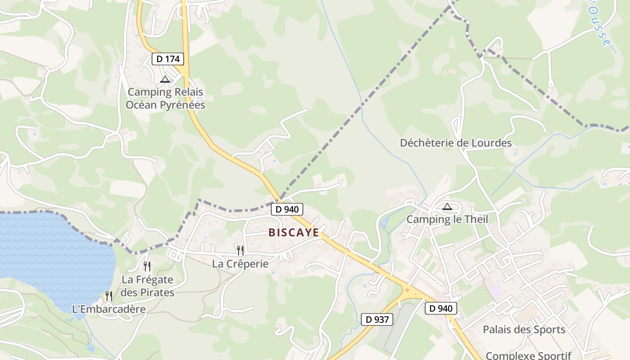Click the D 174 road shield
168,59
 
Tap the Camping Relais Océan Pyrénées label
165,99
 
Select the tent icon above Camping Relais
165,80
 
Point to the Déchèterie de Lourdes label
456,143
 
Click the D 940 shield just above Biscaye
287,209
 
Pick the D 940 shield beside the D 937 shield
441,308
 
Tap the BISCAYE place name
294,233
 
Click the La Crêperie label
240,264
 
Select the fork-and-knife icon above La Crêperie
240,250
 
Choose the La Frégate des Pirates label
148,286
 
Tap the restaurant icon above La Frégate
147,266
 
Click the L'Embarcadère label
109,309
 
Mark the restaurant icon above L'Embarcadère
109,296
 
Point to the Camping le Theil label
447,220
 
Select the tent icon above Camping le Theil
447,207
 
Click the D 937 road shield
377,320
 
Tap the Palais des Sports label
524,329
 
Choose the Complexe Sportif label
528,355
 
